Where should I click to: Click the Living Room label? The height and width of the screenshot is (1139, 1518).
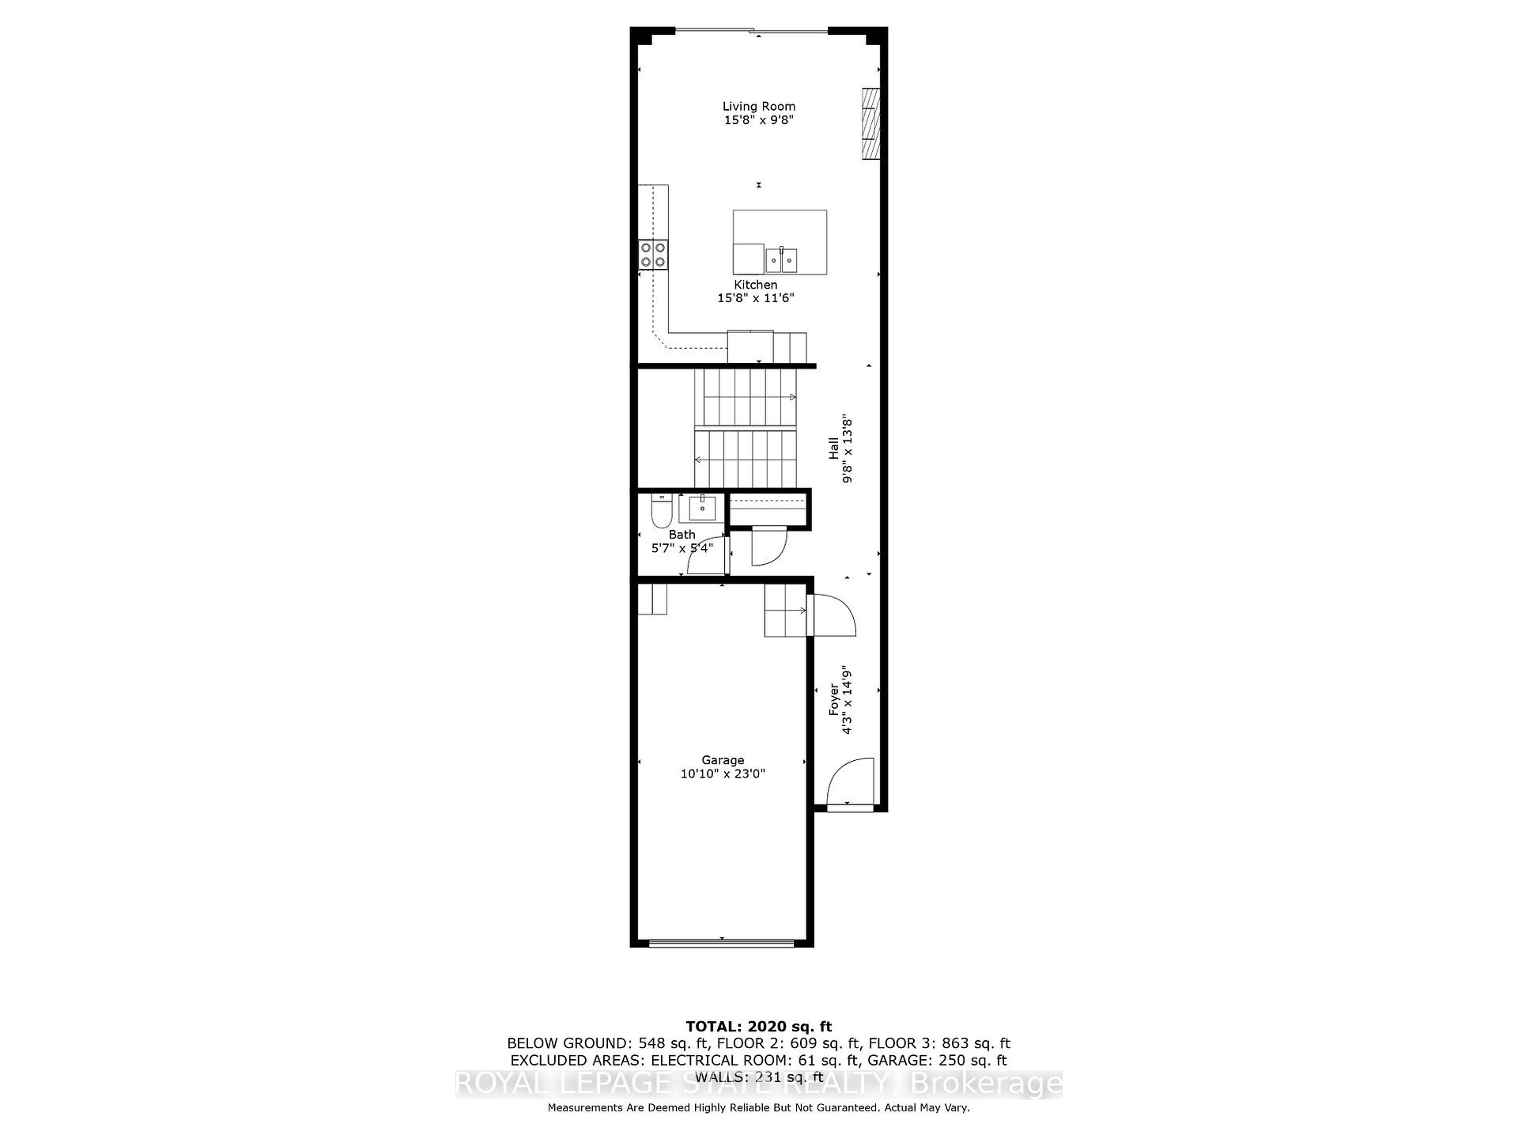[x=758, y=106]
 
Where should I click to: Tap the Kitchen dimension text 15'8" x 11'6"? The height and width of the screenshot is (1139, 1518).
[x=755, y=298]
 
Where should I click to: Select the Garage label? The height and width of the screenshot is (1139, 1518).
[x=723, y=760]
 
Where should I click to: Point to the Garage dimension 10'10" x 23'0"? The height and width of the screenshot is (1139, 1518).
[x=723, y=774]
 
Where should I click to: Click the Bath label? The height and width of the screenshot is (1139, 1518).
[x=682, y=535]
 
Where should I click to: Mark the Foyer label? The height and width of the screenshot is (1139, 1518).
[x=833, y=701]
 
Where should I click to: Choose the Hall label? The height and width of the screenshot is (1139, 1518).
[x=833, y=448]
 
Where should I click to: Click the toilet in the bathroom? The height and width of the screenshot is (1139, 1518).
[x=660, y=512]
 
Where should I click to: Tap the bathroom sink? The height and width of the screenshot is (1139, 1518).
[x=701, y=506]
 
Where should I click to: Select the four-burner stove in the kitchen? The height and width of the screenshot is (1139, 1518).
[x=654, y=253]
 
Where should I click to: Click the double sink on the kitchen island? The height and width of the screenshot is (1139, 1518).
[x=781, y=259]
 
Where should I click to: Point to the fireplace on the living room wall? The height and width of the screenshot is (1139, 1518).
[x=870, y=123]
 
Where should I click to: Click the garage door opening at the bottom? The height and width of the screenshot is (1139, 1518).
[x=721, y=942]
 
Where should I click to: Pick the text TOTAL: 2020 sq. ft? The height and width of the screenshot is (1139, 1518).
[x=758, y=1027]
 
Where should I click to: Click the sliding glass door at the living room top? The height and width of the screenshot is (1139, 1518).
[x=752, y=32]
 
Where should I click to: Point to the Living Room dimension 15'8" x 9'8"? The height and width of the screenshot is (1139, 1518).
[x=758, y=120]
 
